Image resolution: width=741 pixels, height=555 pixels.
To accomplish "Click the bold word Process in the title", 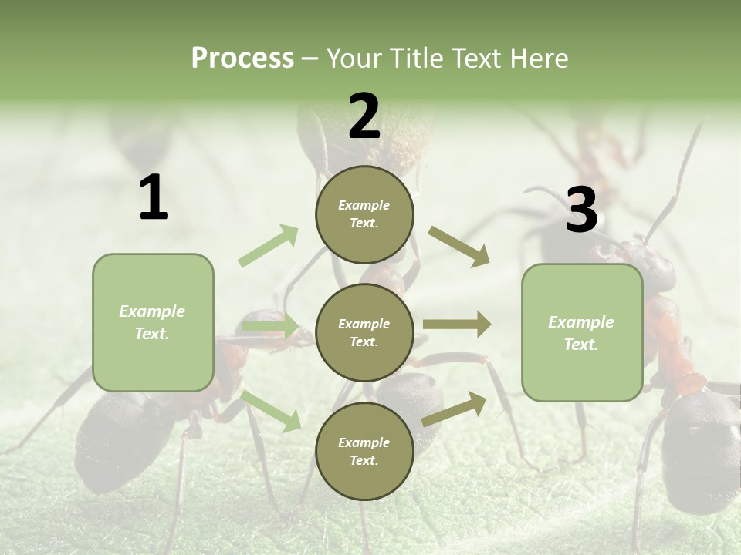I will click(x=242, y=59).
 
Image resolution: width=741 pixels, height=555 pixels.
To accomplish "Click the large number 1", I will click(x=154, y=198).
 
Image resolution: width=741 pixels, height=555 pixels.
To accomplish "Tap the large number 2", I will click(x=364, y=116).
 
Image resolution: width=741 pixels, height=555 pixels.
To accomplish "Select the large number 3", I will click(x=581, y=210).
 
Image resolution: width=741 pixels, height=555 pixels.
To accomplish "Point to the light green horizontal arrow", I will click(x=270, y=327).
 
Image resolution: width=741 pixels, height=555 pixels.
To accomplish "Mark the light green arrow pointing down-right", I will click(x=271, y=410).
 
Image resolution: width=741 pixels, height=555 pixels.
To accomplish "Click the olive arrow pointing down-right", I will click(x=459, y=247).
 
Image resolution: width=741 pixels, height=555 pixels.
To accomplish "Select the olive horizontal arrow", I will click(x=456, y=325).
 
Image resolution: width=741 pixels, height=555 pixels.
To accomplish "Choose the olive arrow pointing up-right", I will click(x=454, y=409).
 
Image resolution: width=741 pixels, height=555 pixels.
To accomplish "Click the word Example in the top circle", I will click(x=364, y=205).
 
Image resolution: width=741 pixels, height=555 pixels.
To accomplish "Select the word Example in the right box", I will click(x=581, y=322).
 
